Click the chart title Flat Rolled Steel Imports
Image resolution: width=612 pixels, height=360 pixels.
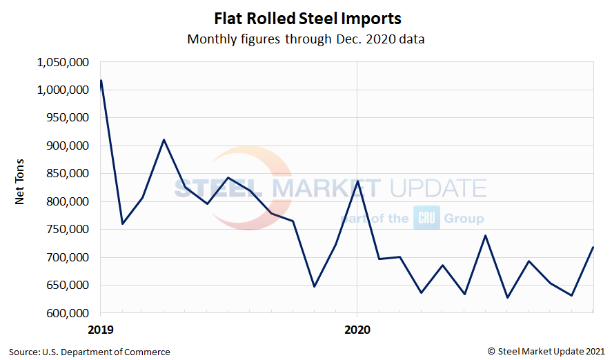[306, 18]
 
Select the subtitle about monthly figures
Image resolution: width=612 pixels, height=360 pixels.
[306, 39]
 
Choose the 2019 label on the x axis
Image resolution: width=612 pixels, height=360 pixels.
[101, 329]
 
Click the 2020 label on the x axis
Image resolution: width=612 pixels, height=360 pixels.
[357, 329]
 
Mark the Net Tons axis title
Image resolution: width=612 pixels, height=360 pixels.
[21, 187]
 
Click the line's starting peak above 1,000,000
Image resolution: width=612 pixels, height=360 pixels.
[101, 81]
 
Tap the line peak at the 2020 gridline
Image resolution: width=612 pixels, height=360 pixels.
[357, 181]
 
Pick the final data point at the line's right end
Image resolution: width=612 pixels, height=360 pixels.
[593, 248]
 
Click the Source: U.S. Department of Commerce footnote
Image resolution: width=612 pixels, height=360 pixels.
[90, 352]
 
